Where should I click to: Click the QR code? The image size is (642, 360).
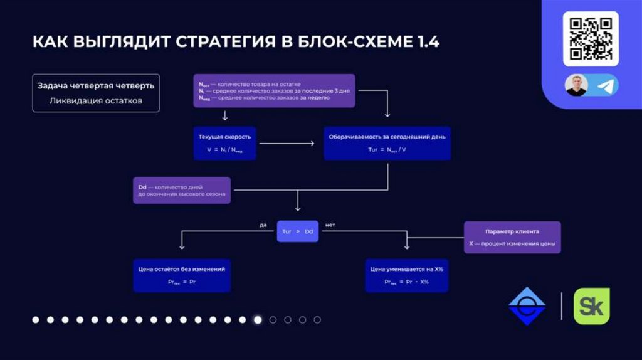point(591,38)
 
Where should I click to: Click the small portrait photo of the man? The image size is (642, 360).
point(576,85)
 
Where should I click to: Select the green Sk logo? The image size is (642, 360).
point(591,306)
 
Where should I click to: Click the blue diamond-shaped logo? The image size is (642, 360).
point(527,306)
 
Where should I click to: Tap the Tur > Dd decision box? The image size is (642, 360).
point(298,231)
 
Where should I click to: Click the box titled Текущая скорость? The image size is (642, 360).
point(224,143)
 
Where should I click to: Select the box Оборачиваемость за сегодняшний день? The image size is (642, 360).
point(387,143)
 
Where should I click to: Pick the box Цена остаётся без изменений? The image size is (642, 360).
point(181,275)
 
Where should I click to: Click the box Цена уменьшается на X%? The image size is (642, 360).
point(406,275)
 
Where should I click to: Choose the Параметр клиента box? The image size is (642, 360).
point(512,237)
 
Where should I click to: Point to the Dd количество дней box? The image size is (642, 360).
point(181,190)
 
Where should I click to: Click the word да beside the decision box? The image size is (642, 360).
point(263,224)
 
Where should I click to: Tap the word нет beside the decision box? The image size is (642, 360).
point(330,224)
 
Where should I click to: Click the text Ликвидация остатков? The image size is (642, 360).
point(96,100)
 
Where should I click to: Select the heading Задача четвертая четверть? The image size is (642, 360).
point(96,85)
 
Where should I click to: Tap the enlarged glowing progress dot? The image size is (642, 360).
point(257,320)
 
